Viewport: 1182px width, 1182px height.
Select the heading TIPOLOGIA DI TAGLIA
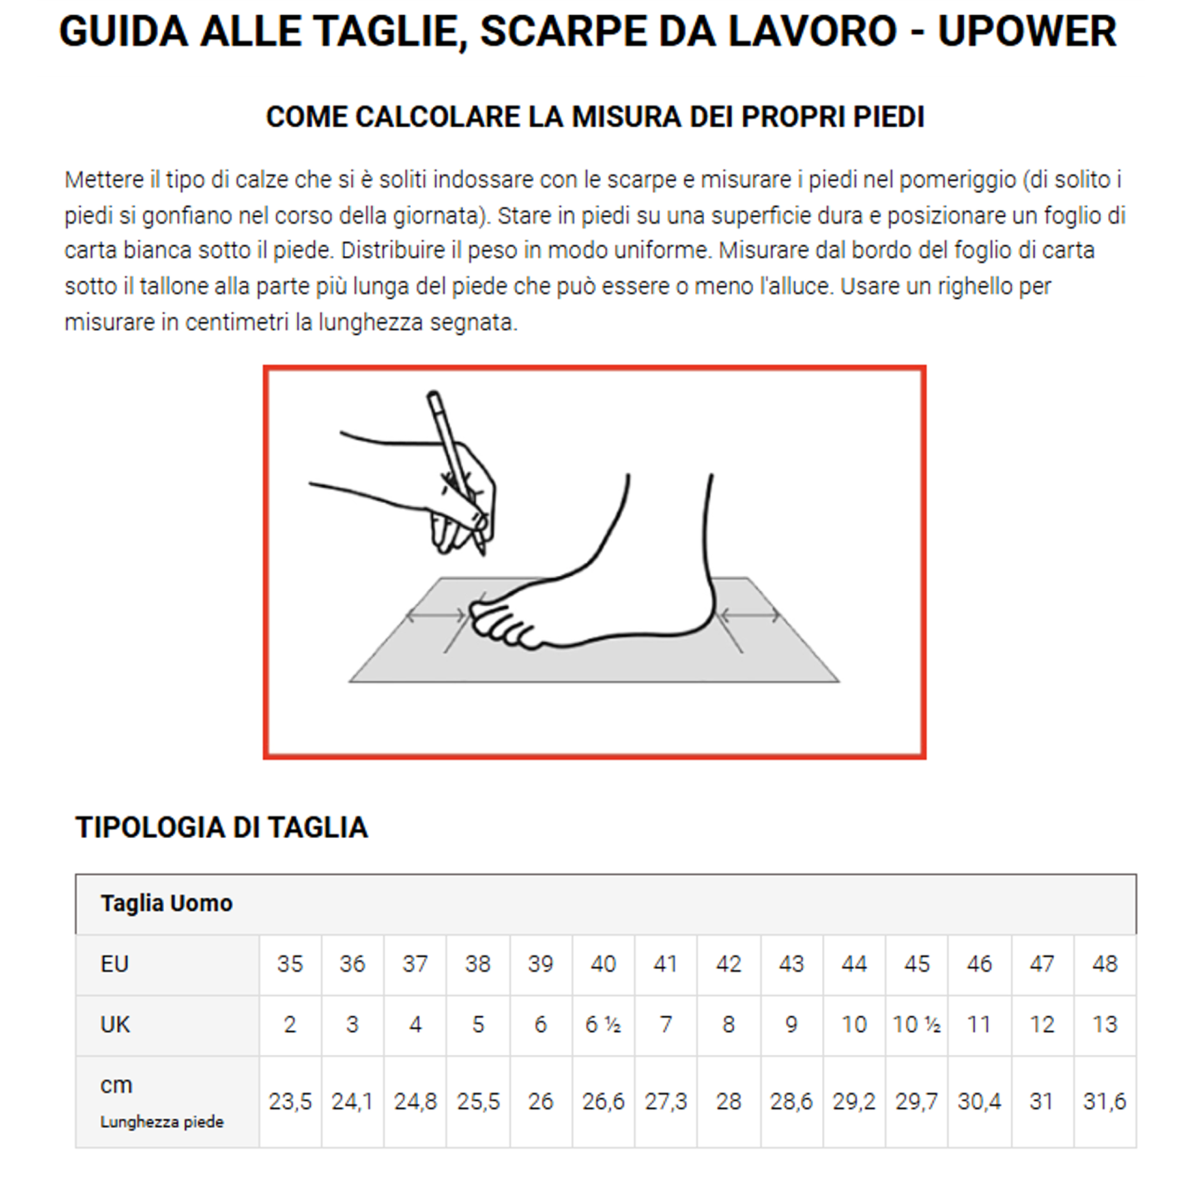coord(221,827)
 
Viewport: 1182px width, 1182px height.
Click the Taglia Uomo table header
coord(166,904)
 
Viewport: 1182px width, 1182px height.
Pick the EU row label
coord(115,964)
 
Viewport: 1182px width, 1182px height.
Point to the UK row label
coord(115,1025)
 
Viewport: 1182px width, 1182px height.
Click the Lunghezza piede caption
coord(162,1122)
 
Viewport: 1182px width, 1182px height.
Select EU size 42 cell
coord(728,964)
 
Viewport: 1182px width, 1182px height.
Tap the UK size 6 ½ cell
coord(603,1025)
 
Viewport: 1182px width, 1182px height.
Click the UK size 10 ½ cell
coord(916,1025)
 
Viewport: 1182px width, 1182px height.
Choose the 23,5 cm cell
coord(290,1102)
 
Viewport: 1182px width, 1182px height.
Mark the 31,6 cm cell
coord(1104,1102)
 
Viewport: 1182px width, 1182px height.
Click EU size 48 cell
coord(1104,964)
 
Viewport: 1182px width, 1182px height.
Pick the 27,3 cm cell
coord(666,1102)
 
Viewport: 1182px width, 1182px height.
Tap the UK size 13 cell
coord(1104,1025)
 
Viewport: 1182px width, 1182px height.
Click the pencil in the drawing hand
coord(454,465)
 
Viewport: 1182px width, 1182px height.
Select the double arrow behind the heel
coord(749,616)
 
